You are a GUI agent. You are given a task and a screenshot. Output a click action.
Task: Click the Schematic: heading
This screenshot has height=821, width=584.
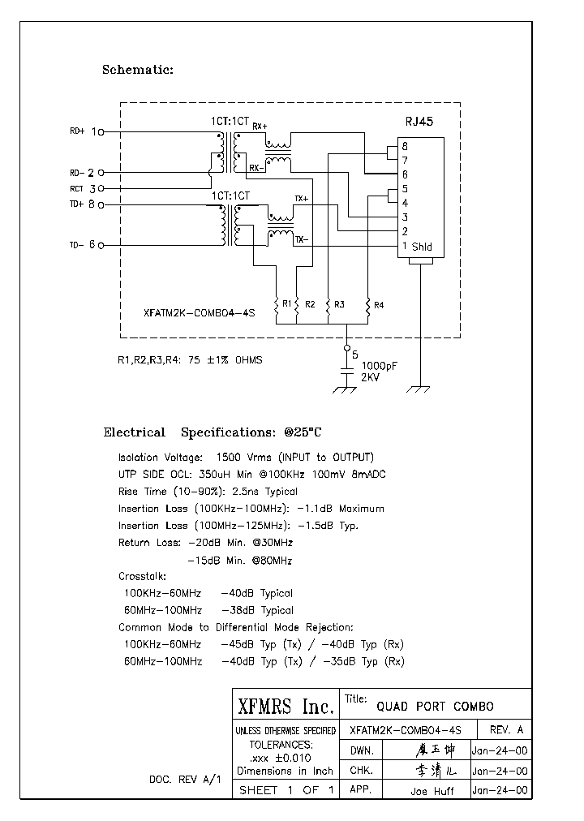[x=137, y=70]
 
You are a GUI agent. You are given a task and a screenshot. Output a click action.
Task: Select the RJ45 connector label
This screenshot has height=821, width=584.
[x=419, y=123]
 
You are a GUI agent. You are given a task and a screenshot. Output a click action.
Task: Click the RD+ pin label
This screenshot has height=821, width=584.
[x=77, y=131]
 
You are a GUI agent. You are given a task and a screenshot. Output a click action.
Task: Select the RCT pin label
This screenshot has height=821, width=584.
[x=76, y=188]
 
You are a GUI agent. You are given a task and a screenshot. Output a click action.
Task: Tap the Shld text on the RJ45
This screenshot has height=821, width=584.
[x=422, y=247]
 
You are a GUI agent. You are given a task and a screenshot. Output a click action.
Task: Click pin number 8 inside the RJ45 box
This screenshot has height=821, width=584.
[x=404, y=146]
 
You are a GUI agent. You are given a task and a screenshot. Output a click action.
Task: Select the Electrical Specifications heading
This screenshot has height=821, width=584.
[x=217, y=432]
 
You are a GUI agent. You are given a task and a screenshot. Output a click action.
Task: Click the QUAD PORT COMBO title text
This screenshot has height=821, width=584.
[x=430, y=706]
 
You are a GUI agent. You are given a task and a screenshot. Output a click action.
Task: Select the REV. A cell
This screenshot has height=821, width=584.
[x=505, y=729]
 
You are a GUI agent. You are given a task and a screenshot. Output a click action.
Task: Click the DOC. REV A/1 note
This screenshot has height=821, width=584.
[x=184, y=779]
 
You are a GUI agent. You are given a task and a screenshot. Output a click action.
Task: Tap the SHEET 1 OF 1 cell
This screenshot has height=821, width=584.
[x=285, y=790]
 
